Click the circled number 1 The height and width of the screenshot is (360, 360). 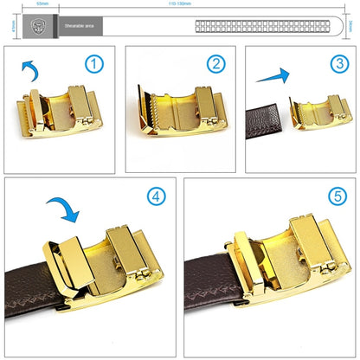[x=93, y=65]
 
